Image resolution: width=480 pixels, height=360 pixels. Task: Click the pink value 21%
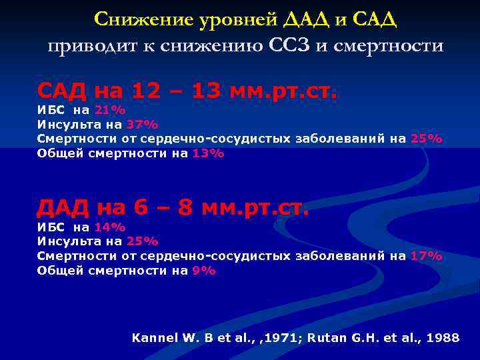[110, 110]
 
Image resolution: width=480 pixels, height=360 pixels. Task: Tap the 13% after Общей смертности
[209, 153]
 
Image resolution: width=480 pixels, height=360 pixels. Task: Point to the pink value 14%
[110, 227]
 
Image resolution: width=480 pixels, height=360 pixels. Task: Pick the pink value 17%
[427, 256]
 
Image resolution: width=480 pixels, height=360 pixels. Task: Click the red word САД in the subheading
[63, 89]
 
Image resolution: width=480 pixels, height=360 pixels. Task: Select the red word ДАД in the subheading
[63, 207]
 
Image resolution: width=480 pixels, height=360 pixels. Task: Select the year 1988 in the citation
[444, 338]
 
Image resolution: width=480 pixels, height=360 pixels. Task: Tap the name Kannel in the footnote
[156, 338]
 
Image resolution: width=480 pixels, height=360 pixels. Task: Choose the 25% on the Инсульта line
[143, 241]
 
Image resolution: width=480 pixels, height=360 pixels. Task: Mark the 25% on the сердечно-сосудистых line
[427, 139]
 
